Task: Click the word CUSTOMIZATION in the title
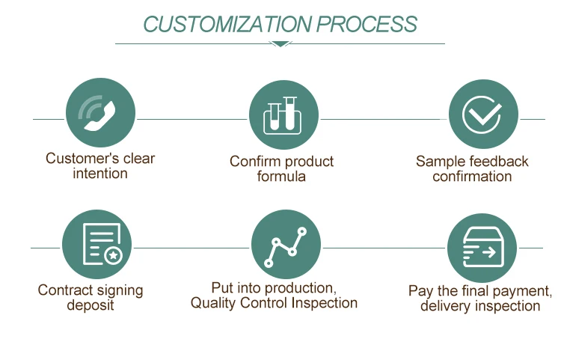tap(227, 24)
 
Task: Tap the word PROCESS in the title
tap(367, 24)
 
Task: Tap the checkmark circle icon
tap(482, 115)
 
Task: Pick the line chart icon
tap(286, 245)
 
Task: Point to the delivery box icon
tap(482, 248)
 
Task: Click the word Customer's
tap(73, 158)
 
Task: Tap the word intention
tap(100, 174)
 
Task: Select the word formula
tap(281, 177)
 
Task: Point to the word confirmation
tap(472, 177)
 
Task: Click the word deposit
tap(91, 305)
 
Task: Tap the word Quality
tap(214, 303)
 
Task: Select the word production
tap(298, 287)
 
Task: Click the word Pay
tap(420, 290)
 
